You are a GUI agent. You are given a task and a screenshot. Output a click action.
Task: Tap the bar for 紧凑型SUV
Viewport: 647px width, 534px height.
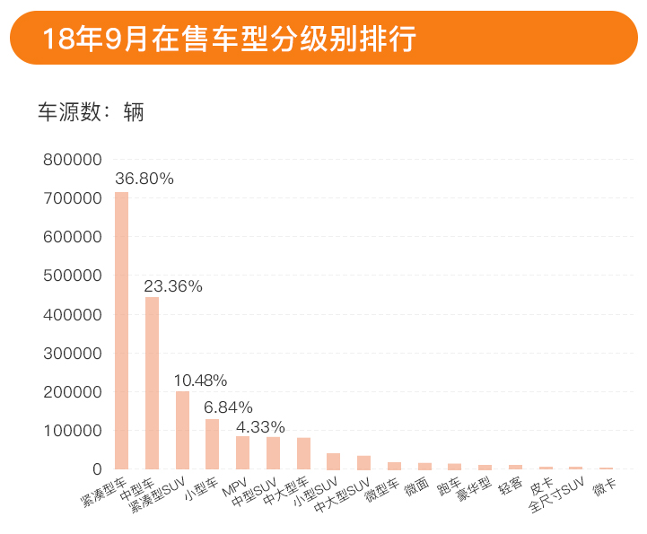tap(182, 430)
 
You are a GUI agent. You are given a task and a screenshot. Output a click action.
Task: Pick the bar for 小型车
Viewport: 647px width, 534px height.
tap(213, 444)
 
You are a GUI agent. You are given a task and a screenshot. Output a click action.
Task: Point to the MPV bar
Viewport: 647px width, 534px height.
tap(242, 452)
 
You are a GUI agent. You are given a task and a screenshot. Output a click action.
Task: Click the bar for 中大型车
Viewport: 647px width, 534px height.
tap(303, 453)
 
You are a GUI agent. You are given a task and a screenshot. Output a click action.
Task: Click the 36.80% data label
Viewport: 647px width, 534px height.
tap(144, 179)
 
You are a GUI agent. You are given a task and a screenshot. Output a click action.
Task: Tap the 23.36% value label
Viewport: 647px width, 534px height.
tap(174, 286)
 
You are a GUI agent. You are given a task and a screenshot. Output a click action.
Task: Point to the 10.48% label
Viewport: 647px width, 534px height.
tap(200, 381)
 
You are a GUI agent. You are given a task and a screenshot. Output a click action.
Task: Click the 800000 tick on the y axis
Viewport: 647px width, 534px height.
tap(72, 161)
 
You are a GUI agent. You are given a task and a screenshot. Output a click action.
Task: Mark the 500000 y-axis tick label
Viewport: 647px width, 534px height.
tap(72, 276)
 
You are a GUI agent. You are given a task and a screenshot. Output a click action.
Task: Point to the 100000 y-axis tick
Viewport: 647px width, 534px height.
tap(72, 431)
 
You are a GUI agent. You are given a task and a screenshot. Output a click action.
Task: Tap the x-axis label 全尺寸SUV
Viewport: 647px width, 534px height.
tap(557, 495)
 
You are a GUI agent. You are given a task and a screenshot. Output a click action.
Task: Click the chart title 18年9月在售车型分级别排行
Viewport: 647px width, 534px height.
tap(228, 39)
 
